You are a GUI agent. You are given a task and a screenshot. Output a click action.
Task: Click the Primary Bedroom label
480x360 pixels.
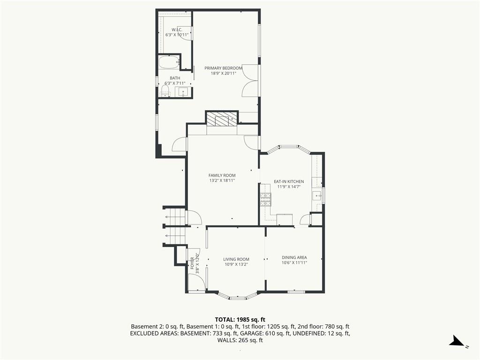coord(223,68)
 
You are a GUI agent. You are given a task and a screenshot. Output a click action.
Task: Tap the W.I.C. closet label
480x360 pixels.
coord(177,30)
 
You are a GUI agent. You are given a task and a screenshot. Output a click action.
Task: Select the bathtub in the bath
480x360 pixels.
coord(169,62)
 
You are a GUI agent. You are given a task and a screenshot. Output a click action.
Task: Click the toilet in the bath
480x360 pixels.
coord(165,91)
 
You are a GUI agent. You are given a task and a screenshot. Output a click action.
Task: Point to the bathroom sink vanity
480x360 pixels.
coord(183,92)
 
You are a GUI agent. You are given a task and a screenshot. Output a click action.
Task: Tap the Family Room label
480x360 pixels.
coord(222,175)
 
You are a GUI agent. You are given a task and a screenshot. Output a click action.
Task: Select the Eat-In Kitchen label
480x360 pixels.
coord(289,181)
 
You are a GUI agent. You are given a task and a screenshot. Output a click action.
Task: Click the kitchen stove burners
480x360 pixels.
coord(265,200)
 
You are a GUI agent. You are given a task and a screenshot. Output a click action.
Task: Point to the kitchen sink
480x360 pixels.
coord(317,195)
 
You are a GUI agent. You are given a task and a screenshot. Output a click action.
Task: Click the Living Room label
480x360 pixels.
coord(236,259)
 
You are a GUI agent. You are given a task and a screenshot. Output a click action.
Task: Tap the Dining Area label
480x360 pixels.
coord(294,257)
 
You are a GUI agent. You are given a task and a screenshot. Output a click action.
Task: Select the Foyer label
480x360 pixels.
coord(192,263)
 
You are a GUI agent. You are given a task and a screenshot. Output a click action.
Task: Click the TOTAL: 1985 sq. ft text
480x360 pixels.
coord(240,320)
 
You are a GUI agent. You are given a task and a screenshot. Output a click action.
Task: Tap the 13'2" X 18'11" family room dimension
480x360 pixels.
coord(222,180)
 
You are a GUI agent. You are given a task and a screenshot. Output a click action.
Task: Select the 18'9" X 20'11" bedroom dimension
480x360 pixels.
coord(223,73)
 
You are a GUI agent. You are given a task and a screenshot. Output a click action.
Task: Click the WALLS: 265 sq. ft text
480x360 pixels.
coord(240,340)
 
